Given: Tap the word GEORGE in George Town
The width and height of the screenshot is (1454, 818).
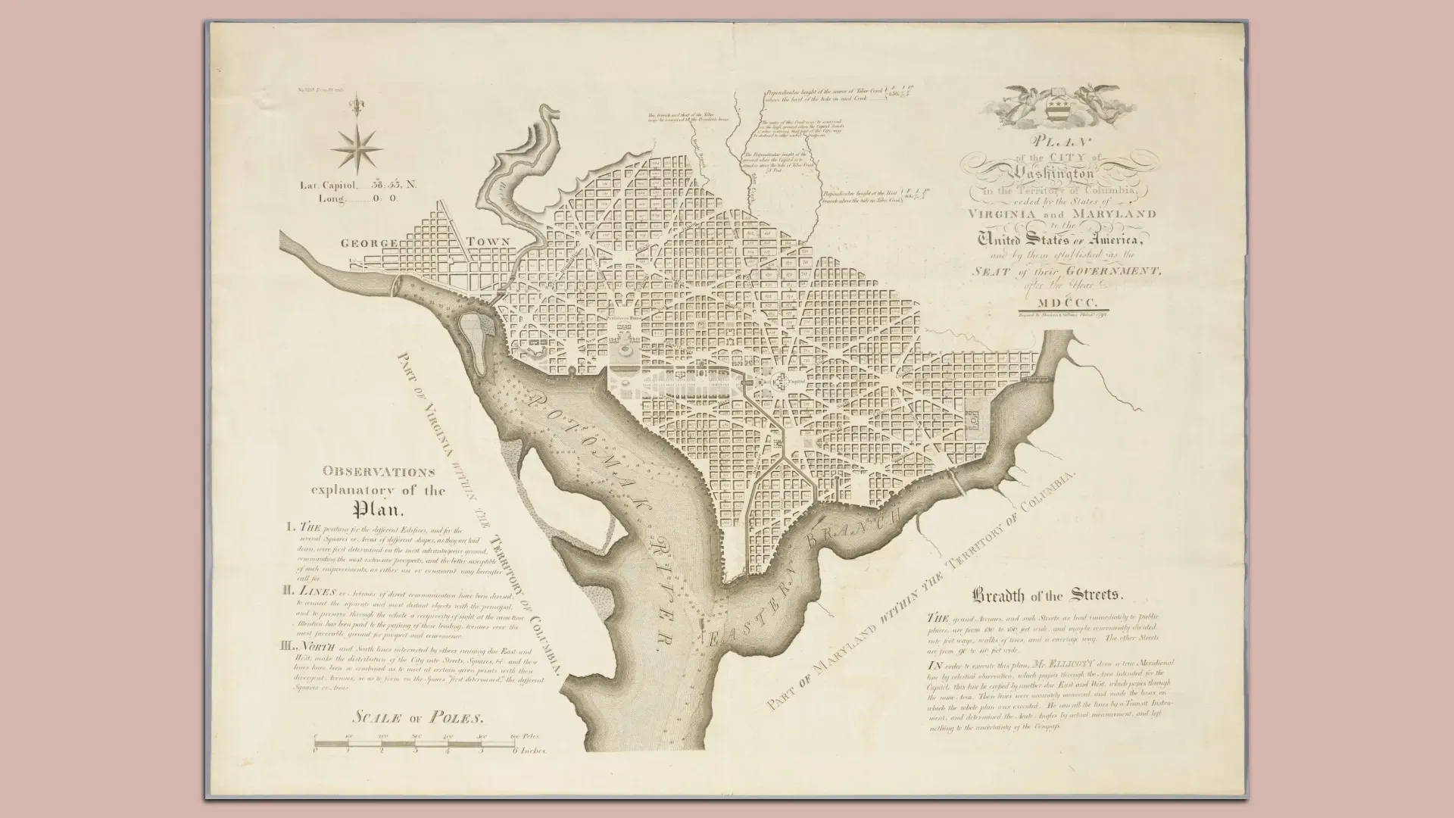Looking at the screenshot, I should [x=369, y=244].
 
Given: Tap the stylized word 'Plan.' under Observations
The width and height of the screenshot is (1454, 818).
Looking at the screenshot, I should [x=377, y=508].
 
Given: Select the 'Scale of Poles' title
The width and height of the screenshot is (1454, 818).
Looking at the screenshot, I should [x=417, y=717].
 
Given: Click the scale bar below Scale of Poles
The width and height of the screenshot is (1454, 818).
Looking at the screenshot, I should [x=414, y=744].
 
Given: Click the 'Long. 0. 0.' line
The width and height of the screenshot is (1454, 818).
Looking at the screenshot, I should [x=349, y=198].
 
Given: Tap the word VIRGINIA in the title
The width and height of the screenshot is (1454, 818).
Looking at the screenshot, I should [x=1007, y=214].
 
